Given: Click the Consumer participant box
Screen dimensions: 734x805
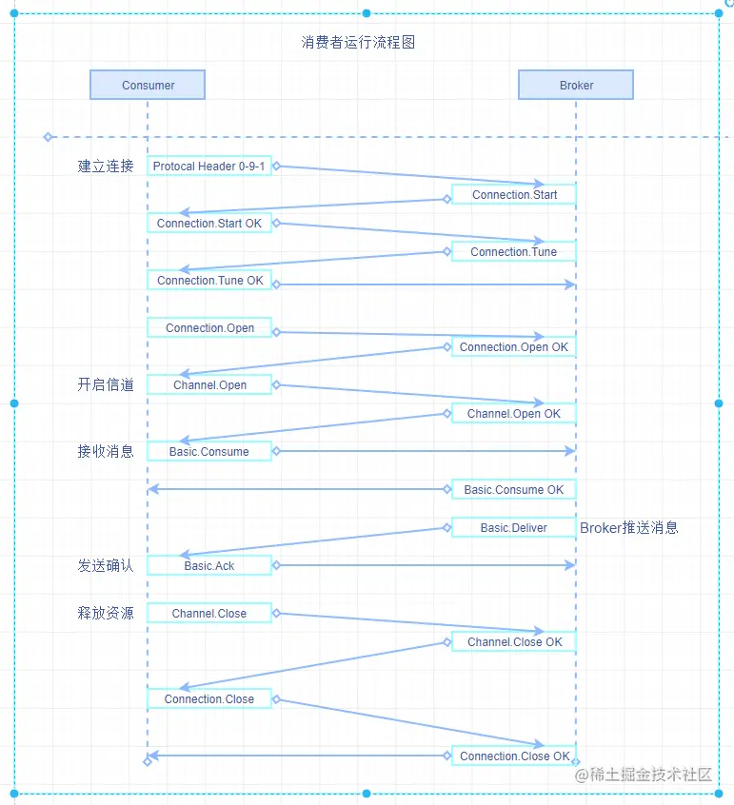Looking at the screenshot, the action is tap(148, 85).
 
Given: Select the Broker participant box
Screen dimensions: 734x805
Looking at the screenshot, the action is tap(575, 85).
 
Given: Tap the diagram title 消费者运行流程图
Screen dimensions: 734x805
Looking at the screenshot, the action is tap(359, 43).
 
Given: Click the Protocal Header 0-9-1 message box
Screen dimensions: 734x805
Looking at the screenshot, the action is tap(209, 166).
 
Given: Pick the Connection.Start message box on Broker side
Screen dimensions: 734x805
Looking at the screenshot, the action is tap(514, 194).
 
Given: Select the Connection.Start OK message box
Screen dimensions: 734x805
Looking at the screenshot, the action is tap(209, 223).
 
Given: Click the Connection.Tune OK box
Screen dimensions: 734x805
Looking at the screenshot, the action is tap(209, 280).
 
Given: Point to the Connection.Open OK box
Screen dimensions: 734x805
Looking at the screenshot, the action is tap(514, 346).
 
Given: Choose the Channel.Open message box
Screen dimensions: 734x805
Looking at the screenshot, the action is tap(209, 384).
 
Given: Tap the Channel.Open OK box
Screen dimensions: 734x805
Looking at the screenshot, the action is tap(514, 413).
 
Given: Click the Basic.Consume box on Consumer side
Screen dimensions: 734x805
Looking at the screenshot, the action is tap(209, 451).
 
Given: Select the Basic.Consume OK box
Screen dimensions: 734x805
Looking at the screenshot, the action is tap(514, 489).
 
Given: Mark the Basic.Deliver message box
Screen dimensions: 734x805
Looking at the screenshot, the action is tap(514, 527).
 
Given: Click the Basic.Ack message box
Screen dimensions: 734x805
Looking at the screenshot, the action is tap(209, 565).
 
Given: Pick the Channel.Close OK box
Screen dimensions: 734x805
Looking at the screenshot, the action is tap(514, 641).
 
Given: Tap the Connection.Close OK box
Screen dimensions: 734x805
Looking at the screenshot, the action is tap(514, 756).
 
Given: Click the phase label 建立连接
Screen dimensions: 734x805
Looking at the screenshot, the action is tap(106, 167).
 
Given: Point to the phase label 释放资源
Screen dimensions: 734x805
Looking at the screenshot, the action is tap(106, 613).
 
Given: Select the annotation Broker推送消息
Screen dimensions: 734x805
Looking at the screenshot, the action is tap(628, 527).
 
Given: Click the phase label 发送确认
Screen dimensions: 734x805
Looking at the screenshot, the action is tap(106, 565).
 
